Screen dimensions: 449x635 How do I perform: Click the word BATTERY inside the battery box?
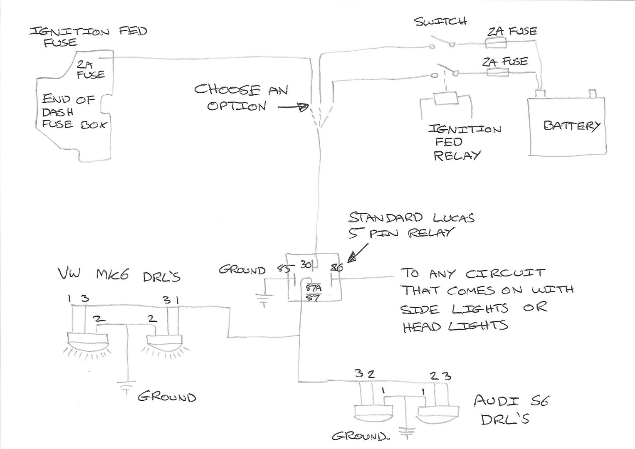pyautogui.click(x=571, y=126)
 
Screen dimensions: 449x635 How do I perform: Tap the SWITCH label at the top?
pyautogui.click(x=440, y=21)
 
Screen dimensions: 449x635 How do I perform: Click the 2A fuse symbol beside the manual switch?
pyautogui.click(x=495, y=42)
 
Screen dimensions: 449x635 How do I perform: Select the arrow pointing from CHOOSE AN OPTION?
pyautogui.click(x=293, y=107)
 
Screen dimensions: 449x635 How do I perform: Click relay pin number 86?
pyautogui.click(x=336, y=268)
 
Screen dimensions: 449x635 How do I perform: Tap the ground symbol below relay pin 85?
pyautogui.click(x=264, y=299)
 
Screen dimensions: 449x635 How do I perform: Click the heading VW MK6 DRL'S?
pyautogui.click(x=120, y=275)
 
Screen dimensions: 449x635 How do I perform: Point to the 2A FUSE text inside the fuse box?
pyautogui.click(x=90, y=69)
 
